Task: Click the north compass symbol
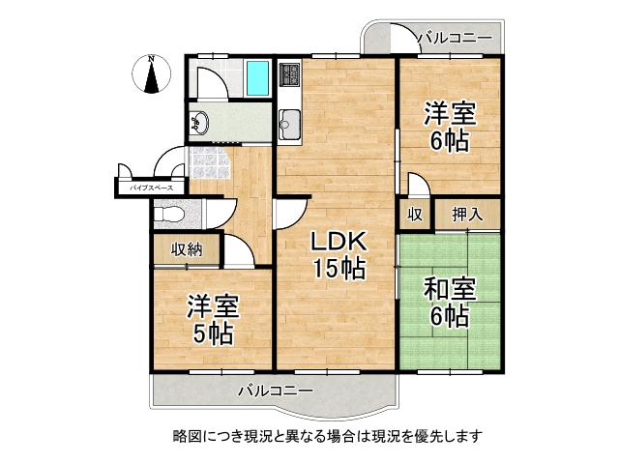pyautogui.click(x=152, y=75)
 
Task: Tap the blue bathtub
pyautogui.click(x=257, y=78)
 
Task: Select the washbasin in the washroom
pyautogui.click(x=199, y=123)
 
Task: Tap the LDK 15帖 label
pyautogui.click(x=338, y=255)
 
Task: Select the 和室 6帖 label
pyautogui.click(x=449, y=302)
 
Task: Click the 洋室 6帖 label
pyautogui.click(x=451, y=127)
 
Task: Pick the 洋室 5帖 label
pyautogui.click(x=213, y=321)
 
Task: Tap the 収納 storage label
pyautogui.click(x=187, y=250)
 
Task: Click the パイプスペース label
pyautogui.click(x=152, y=188)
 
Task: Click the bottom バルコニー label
pyautogui.click(x=276, y=391)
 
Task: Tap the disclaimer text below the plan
pyautogui.click(x=313, y=436)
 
